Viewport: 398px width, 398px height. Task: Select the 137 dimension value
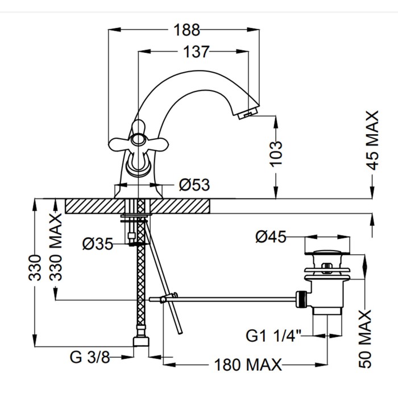[x=193, y=52]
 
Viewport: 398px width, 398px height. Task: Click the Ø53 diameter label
[x=194, y=185]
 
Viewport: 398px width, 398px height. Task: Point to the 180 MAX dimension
[x=248, y=364]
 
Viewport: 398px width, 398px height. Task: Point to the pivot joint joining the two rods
[x=163, y=299]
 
